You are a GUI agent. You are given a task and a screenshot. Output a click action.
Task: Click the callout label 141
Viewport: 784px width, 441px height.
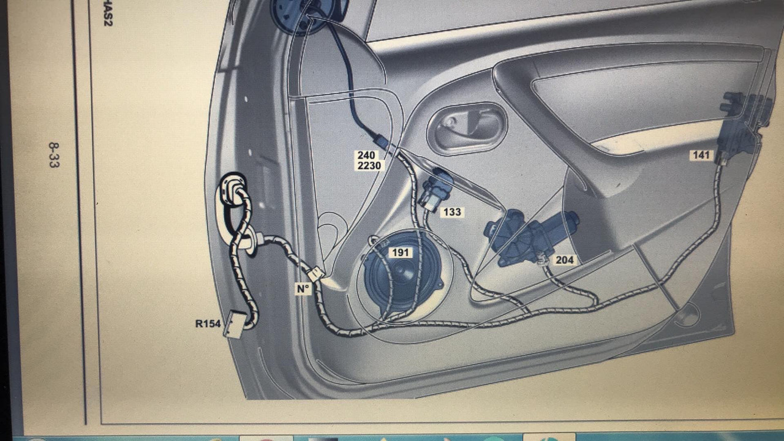coord(701,155)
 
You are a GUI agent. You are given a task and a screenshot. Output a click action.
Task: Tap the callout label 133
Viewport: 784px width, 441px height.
coord(451,212)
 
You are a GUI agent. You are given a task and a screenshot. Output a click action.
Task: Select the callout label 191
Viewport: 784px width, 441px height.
coord(401,252)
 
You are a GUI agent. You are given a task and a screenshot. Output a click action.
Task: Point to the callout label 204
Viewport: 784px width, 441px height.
coord(564,260)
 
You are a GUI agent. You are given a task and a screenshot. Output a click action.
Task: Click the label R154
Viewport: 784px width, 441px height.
coord(208,323)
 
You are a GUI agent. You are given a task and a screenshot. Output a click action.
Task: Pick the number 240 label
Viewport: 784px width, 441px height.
coord(366,156)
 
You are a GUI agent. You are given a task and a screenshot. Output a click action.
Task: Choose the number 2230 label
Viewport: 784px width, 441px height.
coord(369,165)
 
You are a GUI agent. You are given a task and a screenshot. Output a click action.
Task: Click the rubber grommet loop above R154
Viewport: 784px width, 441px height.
coord(233,190)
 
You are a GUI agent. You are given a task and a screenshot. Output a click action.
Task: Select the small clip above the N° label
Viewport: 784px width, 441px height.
coord(315,274)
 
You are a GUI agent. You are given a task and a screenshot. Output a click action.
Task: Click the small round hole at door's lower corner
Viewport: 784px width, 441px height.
coord(687,315)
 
